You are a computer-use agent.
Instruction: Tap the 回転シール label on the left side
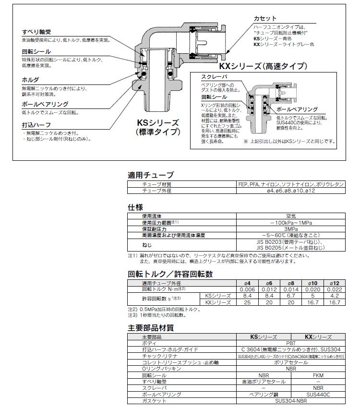point(36,51)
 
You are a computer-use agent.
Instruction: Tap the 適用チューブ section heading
point(150,175)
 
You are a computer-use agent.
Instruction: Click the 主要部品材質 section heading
point(150,328)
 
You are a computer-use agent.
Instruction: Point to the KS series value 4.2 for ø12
point(334,296)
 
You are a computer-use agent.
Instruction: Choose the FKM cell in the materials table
point(318,375)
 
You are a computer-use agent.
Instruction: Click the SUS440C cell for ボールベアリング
point(318,394)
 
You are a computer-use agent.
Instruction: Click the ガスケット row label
point(155,400)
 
